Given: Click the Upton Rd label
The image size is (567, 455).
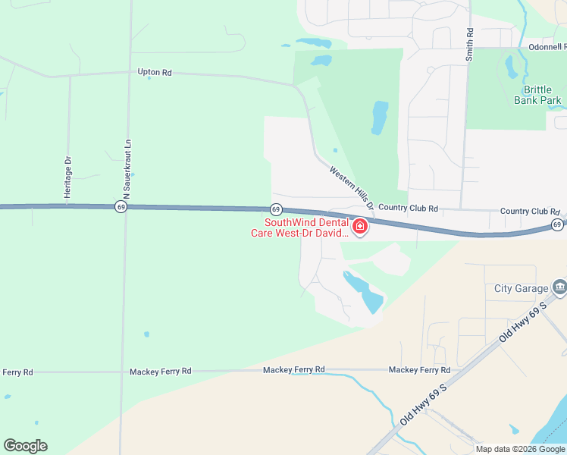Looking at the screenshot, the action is pos(155,73).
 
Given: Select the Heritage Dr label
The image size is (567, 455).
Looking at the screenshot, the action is pos(67,178).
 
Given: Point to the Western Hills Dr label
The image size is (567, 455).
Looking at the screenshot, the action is pos(352,188).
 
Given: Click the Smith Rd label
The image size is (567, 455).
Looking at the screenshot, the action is pos(470,44).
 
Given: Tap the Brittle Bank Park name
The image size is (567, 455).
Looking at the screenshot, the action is pos(537,95).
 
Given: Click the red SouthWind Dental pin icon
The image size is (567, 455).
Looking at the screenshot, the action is pos(359,226).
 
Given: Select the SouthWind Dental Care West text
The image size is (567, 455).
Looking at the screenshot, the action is pos(301,227).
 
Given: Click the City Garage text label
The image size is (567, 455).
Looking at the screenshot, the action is pos(521,288).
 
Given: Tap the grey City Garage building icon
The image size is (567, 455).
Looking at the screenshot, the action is pos(559,287).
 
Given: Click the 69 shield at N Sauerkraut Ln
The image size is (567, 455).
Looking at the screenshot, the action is pos(121,206).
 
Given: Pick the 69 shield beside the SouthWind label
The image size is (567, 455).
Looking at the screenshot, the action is pos(276,209).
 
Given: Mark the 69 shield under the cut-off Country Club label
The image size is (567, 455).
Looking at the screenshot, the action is pos(557,224).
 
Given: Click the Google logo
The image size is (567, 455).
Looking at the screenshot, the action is pos(25,446).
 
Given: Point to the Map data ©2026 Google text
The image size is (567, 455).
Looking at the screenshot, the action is pos(521,449).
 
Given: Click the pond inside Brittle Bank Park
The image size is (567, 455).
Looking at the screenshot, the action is pos(512,67).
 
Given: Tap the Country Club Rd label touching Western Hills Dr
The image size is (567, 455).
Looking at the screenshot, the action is pos(408,208).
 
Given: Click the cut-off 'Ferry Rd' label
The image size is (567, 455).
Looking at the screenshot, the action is pos(17,372).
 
